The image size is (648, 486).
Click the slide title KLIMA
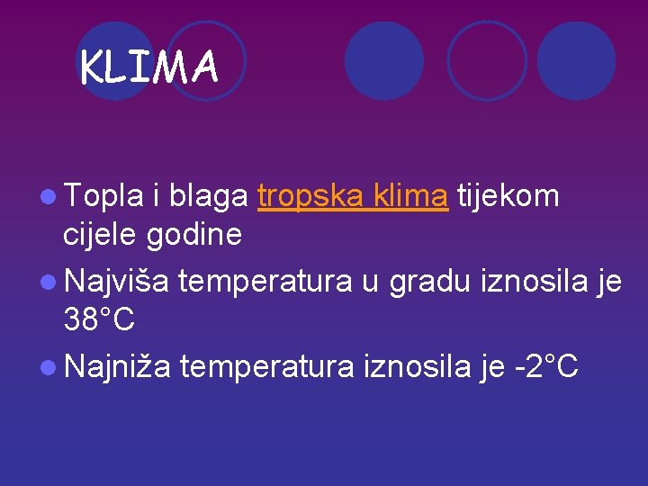[x=148, y=67]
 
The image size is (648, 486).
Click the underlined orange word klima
[x=409, y=195]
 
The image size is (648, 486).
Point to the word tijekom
[x=508, y=195]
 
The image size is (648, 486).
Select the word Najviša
[x=116, y=282]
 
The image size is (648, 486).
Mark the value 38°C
[x=100, y=319]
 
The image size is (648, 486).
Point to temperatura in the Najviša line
[x=265, y=283]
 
